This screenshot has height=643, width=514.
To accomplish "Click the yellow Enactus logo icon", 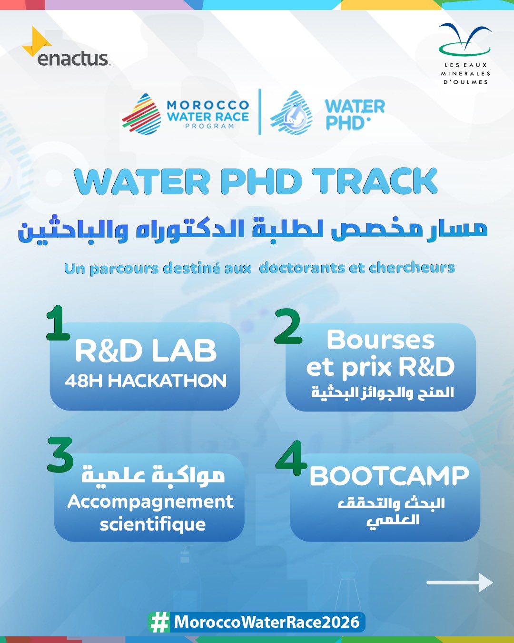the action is (x=36, y=42).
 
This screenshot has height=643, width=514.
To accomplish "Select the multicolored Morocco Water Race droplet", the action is (x=141, y=113).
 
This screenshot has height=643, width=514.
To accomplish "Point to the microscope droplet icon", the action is (x=292, y=113).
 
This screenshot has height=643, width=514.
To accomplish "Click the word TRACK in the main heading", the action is (x=376, y=181).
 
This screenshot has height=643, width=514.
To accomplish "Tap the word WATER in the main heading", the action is (x=142, y=181).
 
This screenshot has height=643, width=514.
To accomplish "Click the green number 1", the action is (x=58, y=323).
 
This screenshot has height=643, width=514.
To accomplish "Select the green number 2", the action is (x=288, y=326).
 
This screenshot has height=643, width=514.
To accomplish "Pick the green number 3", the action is (x=60, y=455).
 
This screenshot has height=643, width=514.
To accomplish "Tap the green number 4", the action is (x=291, y=458).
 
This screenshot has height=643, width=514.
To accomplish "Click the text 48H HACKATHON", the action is (x=146, y=381).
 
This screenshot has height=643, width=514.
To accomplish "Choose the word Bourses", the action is (x=380, y=340).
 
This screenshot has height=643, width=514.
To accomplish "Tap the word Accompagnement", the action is (x=150, y=502).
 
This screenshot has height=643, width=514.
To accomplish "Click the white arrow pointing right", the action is (x=460, y=583).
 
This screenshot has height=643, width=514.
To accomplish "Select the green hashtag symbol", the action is (x=159, y=622).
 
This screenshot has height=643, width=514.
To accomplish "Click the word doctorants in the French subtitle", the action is (x=302, y=268).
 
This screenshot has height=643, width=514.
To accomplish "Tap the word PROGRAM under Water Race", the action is (x=209, y=126).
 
